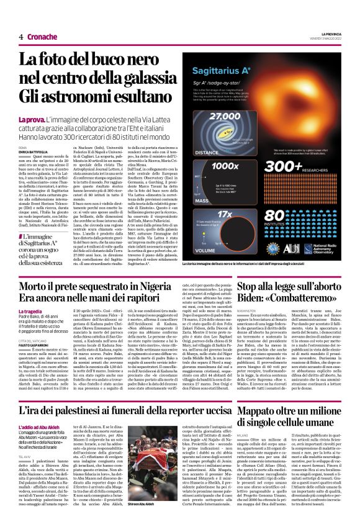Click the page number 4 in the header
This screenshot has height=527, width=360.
tap(21, 37)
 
